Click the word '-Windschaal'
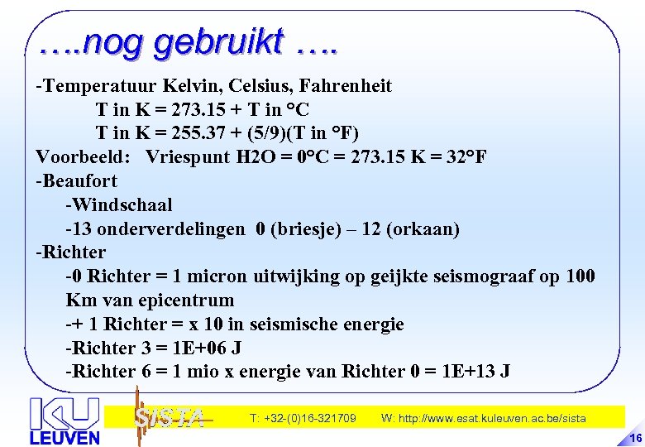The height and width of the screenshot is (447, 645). click(x=119, y=204)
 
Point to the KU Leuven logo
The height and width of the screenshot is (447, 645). click(x=64, y=421)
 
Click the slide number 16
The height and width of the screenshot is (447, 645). click(x=635, y=438)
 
